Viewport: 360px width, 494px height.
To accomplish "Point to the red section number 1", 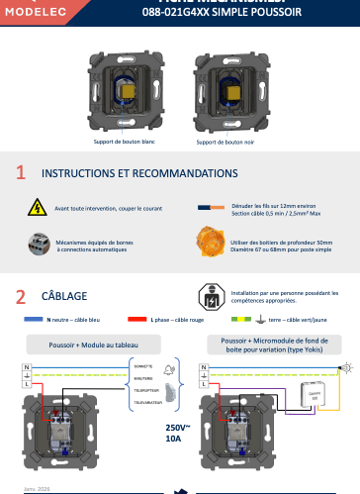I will click(x=21, y=173).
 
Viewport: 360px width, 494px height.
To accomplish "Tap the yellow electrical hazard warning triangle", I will click(x=37, y=208).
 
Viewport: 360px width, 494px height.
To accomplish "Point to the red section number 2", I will click(x=21, y=296).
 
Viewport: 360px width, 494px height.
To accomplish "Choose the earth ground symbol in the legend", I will click(x=259, y=320).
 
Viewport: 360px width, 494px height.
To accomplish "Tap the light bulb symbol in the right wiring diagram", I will click(x=345, y=368).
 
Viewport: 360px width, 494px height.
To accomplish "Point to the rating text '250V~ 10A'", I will click(x=178, y=432).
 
